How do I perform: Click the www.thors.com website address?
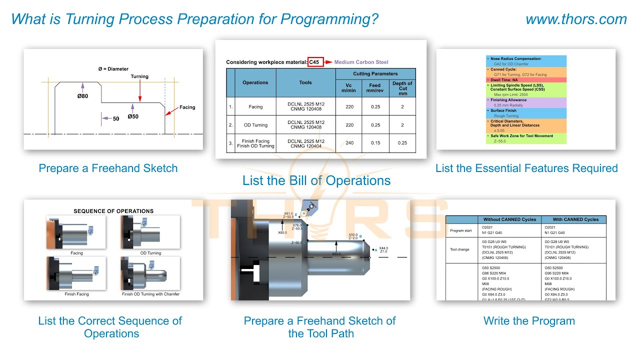click(576, 19)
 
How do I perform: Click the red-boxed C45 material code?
click(315, 62)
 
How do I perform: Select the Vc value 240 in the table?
click(349, 143)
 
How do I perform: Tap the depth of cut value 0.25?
click(402, 143)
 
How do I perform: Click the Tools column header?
click(305, 82)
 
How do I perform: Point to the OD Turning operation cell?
click(255, 125)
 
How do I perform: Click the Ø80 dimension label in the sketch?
click(82, 96)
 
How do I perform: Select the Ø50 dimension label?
click(132, 116)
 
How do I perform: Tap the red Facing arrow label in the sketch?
click(187, 107)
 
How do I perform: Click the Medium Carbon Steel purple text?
click(361, 62)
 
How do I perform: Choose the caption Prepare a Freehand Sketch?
click(108, 168)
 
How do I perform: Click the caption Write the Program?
click(529, 321)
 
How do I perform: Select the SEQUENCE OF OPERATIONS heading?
click(113, 211)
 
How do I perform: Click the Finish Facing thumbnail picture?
click(76, 274)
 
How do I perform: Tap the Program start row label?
click(460, 230)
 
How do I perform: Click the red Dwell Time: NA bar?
click(526, 80)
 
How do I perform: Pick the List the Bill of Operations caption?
click(316, 180)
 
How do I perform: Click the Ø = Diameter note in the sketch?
click(113, 69)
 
